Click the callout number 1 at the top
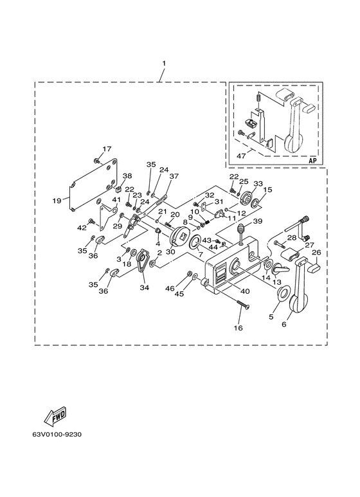coord(164,64)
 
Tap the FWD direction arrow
coord(55,415)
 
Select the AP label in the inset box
coord(313,160)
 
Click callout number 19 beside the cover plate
coord(57,201)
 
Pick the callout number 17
coord(107,149)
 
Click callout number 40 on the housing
coord(246,291)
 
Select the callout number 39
coord(258,221)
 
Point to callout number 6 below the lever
coord(284,324)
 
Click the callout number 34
coord(145,288)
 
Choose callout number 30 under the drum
coord(170,251)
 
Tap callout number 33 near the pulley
coord(258,183)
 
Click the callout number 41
coord(116,200)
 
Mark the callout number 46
coord(170,288)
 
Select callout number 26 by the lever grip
coord(316,252)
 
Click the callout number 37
coord(174,176)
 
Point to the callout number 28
coord(292,238)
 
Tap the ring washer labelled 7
coord(194,242)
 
